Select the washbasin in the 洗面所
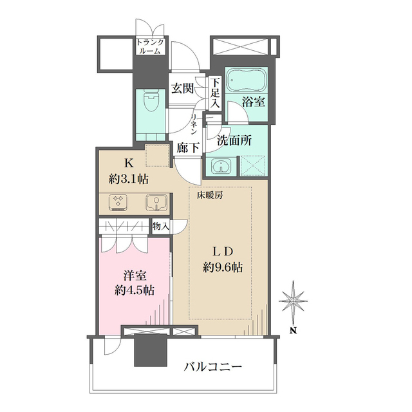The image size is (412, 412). tap(221, 166)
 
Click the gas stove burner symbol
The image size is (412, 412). tap(118, 203)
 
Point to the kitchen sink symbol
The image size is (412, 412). tap(156, 203)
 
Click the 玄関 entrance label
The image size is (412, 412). tap(183, 88)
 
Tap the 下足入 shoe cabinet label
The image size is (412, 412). tap(215, 93)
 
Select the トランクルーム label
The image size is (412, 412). tap(150, 46)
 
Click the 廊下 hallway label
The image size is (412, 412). tap(187, 147)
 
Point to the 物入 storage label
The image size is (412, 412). tap(161, 226)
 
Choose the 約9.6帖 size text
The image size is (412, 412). tap(223, 268)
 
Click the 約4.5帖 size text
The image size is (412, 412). tap(135, 290)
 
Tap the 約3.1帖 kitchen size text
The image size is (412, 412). tap(129, 180)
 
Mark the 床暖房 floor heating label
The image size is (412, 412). tap(210, 195)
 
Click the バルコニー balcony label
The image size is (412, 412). tap(212, 366)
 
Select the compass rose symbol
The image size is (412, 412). tap(293, 301)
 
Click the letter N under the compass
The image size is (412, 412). tap(294, 330)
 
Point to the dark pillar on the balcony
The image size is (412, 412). tap(151, 350)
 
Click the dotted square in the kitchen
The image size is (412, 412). tap(157, 155)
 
